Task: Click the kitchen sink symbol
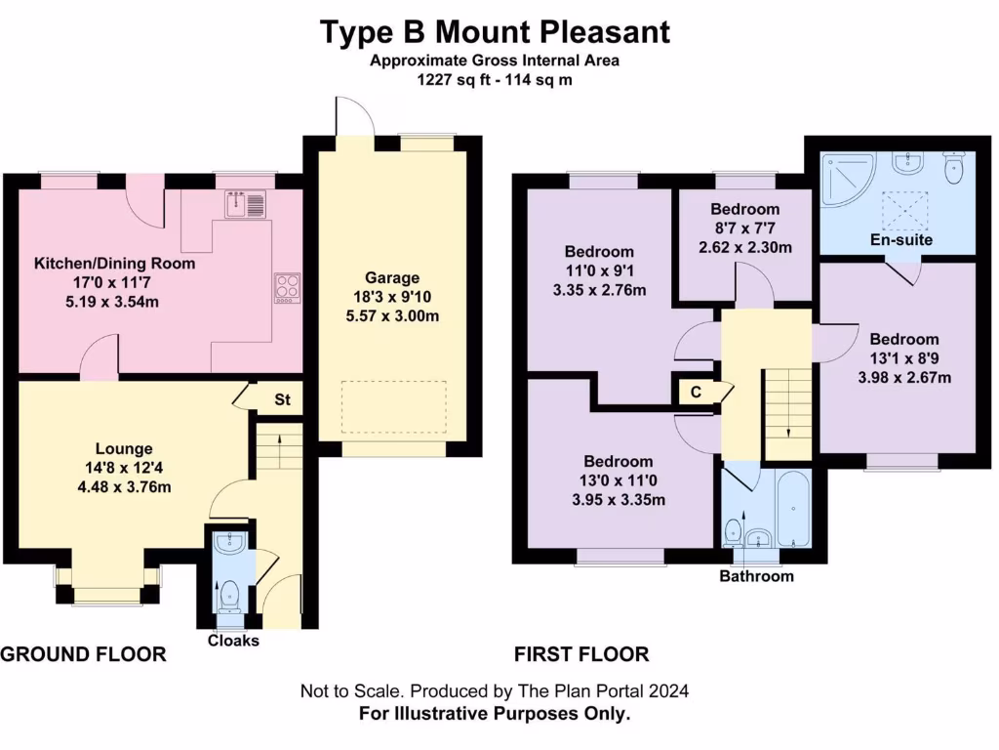coord(245,205)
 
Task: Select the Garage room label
coord(392,277)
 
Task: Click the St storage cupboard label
coord(283,400)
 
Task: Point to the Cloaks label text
coord(234,641)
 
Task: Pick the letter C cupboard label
coord(696,392)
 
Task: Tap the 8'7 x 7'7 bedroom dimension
coord(745,229)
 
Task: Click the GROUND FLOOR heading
coord(83,654)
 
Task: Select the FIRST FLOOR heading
coord(581,654)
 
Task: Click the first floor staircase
coord(786,410)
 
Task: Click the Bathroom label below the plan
coord(756,576)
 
